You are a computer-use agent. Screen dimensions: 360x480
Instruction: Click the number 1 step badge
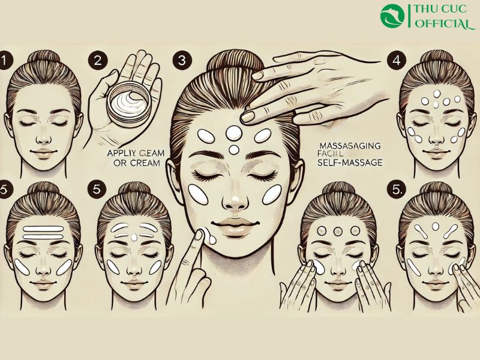6,61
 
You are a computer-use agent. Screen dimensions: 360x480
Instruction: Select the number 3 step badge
181,61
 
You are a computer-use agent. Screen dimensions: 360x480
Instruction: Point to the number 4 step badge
395,61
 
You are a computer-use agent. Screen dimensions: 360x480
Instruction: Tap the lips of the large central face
236,229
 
